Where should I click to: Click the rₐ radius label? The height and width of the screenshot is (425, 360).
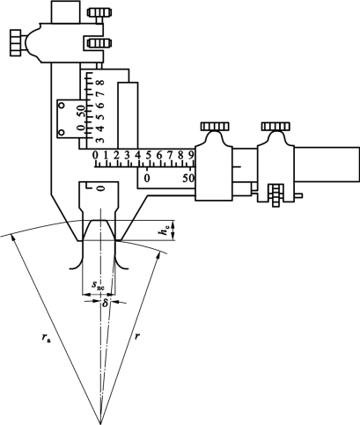pos(45,338)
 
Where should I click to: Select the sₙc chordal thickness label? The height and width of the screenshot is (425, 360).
pos(98,285)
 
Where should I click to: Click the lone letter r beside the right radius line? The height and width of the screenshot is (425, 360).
pos(136,336)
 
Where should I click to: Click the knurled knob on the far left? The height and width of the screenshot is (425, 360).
pos(16,42)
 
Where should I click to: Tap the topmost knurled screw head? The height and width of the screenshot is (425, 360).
pos(99,12)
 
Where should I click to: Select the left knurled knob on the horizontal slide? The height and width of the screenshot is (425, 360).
pos(215,127)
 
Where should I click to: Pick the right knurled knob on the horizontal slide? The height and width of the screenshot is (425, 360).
pos(276,127)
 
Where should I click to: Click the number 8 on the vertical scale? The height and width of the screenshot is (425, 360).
pos(100,83)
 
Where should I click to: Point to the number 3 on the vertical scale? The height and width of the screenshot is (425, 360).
pos(100,139)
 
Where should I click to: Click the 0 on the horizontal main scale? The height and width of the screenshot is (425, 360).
pos(95,155)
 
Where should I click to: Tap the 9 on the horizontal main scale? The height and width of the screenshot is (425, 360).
pos(191,155)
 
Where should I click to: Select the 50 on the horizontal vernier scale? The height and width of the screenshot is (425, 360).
pos(188,178)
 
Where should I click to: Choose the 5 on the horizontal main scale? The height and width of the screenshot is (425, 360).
pos(148,155)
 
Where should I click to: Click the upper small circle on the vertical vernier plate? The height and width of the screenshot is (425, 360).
pos(62,106)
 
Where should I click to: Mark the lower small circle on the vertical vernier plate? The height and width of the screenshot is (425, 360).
pos(62,133)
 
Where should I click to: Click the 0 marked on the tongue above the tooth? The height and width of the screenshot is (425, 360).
pos(100,188)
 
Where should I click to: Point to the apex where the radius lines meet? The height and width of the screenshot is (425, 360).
pos(100,422)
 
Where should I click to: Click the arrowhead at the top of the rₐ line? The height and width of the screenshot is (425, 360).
pos(12,238)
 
